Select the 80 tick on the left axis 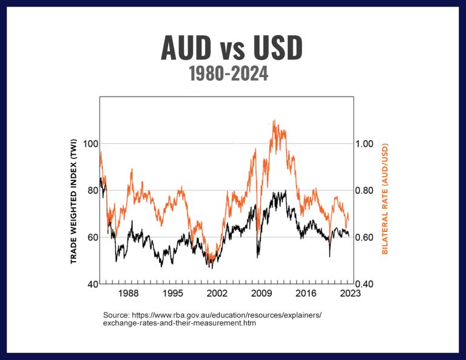tap(89, 191)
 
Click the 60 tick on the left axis tap(89, 237)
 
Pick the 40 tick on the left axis tap(89, 284)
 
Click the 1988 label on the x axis tap(127, 294)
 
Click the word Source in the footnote tap(116, 315)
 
